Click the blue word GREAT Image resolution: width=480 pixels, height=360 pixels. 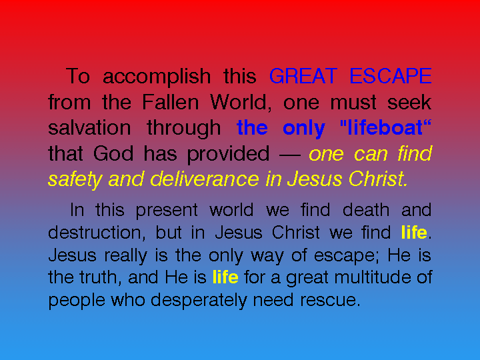point(303,76)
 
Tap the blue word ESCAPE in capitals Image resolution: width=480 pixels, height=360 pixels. point(391,76)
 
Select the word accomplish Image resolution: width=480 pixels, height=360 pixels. point(157,77)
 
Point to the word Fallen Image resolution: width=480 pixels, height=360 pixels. point(171,102)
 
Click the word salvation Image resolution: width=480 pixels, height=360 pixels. point(89,127)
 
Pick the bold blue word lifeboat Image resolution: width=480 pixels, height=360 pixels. point(385,127)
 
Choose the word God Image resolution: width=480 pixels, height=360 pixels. point(113,153)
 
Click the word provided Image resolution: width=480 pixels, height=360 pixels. point(228,154)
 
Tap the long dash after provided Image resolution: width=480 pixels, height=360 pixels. point(290,155)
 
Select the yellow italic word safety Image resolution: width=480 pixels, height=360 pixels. point(75,180)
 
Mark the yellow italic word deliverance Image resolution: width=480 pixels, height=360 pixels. point(205,179)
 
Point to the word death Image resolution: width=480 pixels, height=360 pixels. point(366,210)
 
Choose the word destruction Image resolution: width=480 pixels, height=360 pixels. point(95,233)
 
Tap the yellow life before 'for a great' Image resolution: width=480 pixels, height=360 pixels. point(225,277)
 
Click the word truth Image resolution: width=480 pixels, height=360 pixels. point(98,277)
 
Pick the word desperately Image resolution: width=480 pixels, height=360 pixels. point(199,301)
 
